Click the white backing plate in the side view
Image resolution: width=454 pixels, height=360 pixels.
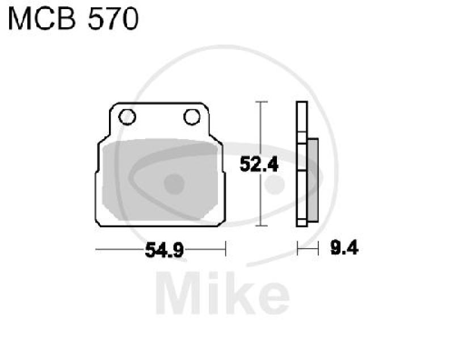click(302, 165)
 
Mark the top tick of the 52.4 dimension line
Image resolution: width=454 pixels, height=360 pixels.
click(260, 102)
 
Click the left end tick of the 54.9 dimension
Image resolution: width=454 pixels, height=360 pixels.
click(96, 249)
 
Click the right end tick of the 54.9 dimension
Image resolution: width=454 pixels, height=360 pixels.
click(225, 249)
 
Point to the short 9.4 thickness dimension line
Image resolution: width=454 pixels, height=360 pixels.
click(307, 248)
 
